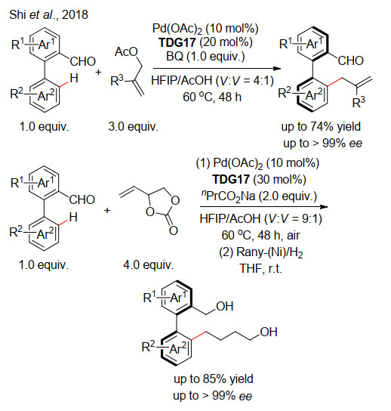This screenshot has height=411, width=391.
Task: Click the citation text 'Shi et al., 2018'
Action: point(48,14)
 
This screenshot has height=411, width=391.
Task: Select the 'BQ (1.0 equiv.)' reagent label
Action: point(205,56)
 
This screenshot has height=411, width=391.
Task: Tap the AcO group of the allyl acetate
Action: point(126,51)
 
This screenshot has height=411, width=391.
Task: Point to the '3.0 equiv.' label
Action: point(134,127)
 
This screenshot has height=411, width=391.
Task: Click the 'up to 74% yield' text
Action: point(321,127)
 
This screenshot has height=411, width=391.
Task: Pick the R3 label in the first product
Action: point(359,102)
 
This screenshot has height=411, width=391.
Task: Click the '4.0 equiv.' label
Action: point(149,264)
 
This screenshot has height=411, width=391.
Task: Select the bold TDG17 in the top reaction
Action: point(177,42)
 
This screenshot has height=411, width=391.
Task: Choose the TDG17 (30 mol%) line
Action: point(259,180)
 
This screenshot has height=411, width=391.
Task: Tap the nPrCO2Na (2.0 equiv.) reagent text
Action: point(259,196)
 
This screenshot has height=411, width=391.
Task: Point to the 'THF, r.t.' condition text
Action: point(261,268)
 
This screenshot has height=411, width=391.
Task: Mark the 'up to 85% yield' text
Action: point(214,379)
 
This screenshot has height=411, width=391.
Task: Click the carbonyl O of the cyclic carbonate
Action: point(174,230)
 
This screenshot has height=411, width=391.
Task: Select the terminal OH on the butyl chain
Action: point(269,332)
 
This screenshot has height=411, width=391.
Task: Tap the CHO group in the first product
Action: point(351,60)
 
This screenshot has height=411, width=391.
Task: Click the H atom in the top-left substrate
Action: point(74,78)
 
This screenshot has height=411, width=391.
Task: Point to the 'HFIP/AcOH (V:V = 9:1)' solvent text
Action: point(261,218)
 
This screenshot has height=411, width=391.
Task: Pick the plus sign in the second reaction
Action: point(107,210)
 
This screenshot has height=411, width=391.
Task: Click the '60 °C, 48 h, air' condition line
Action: point(260,236)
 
